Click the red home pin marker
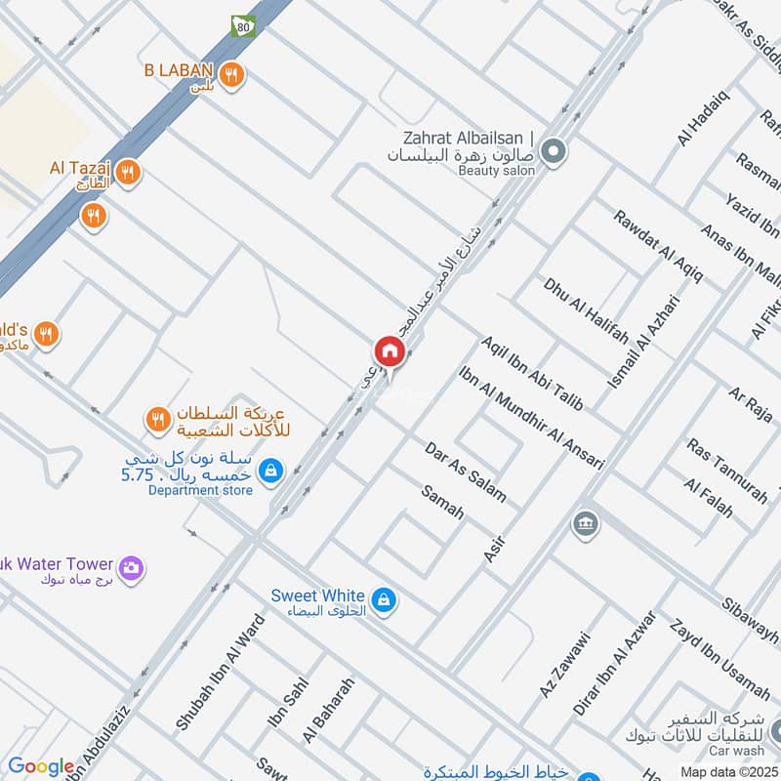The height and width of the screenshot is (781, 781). pyautogui.click(x=388, y=351)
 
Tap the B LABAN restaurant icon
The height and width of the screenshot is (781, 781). pyautogui.click(x=231, y=73)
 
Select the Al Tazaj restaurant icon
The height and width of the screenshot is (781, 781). pyautogui.click(x=127, y=174)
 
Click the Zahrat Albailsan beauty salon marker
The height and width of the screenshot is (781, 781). pyautogui.click(x=554, y=151)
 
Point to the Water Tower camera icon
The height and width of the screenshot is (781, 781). pyautogui.click(x=131, y=567)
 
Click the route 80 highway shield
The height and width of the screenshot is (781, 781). pyautogui.click(x=241, y=26)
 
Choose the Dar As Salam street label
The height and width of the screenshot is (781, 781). pyautogui.click(x=466, y=472)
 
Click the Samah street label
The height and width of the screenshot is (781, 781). pyautogui.click(x=442, y=501)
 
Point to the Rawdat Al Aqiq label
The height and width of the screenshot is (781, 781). pyautogui.click(x=657, y=245)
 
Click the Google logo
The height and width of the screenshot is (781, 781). pyautogui.click(x=41, y=767)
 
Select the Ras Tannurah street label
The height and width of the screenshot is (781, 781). pyautogui.click(x=726, y=471)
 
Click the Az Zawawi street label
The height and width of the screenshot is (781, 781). pyautogui.click(x=565, y=665)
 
